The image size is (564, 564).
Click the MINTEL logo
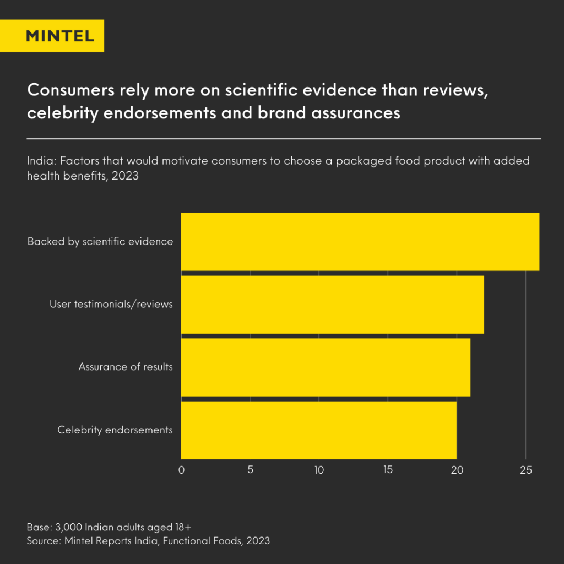60,36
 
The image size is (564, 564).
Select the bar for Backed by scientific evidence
360,242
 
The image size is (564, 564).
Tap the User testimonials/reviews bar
332,305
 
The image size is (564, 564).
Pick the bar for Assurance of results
326,367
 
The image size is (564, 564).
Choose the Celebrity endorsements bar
318,430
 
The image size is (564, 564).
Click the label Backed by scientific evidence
100,242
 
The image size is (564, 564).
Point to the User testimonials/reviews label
111,304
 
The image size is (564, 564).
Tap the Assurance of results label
126,367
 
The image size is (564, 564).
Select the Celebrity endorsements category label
115,430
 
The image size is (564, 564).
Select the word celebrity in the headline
62,113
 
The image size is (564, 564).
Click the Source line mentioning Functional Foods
148,541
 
